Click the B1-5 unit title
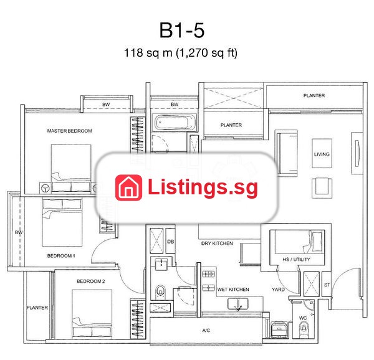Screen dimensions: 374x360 [x=182, y=31]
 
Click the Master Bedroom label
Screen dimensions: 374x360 [x=69, y=131]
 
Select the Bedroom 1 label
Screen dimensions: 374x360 [x=61, y=255]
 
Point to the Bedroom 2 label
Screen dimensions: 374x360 [x=90, y=281]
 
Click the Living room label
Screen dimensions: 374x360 [x=322, y=154]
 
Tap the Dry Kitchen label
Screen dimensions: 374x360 [x=217, y=244]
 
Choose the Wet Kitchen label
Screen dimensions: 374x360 [x=233, y=290]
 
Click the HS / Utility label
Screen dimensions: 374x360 [x=297, y=260]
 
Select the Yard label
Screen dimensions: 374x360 [x=278, y=290]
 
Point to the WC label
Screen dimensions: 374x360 [x=303, y=318]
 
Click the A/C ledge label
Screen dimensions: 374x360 [x=206, y=331]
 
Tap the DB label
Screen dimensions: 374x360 [x=171, y=242]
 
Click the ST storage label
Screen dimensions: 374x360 [x=327, y=285]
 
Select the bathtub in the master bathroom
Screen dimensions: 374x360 [x=175, y=123]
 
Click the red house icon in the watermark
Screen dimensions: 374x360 [x=128, y=187]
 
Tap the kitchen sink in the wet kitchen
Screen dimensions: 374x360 [x=238, y=304]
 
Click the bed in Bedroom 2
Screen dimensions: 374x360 [x=92, y=313]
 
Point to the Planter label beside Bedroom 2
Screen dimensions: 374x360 [x=37, y=308]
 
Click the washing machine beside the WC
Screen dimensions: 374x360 [x=279, y=329]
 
